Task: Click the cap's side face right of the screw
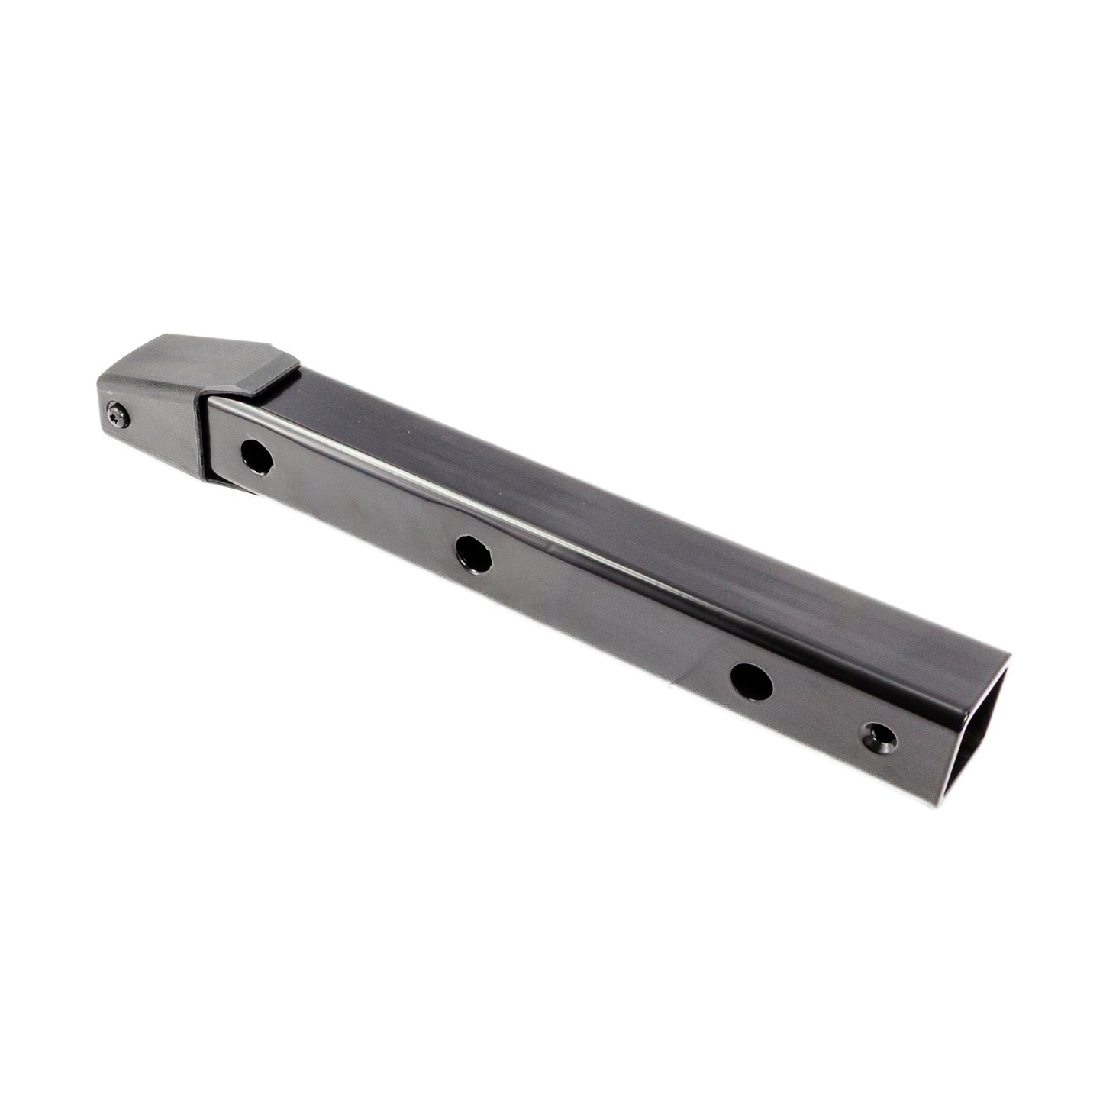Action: (x=164, y=435)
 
